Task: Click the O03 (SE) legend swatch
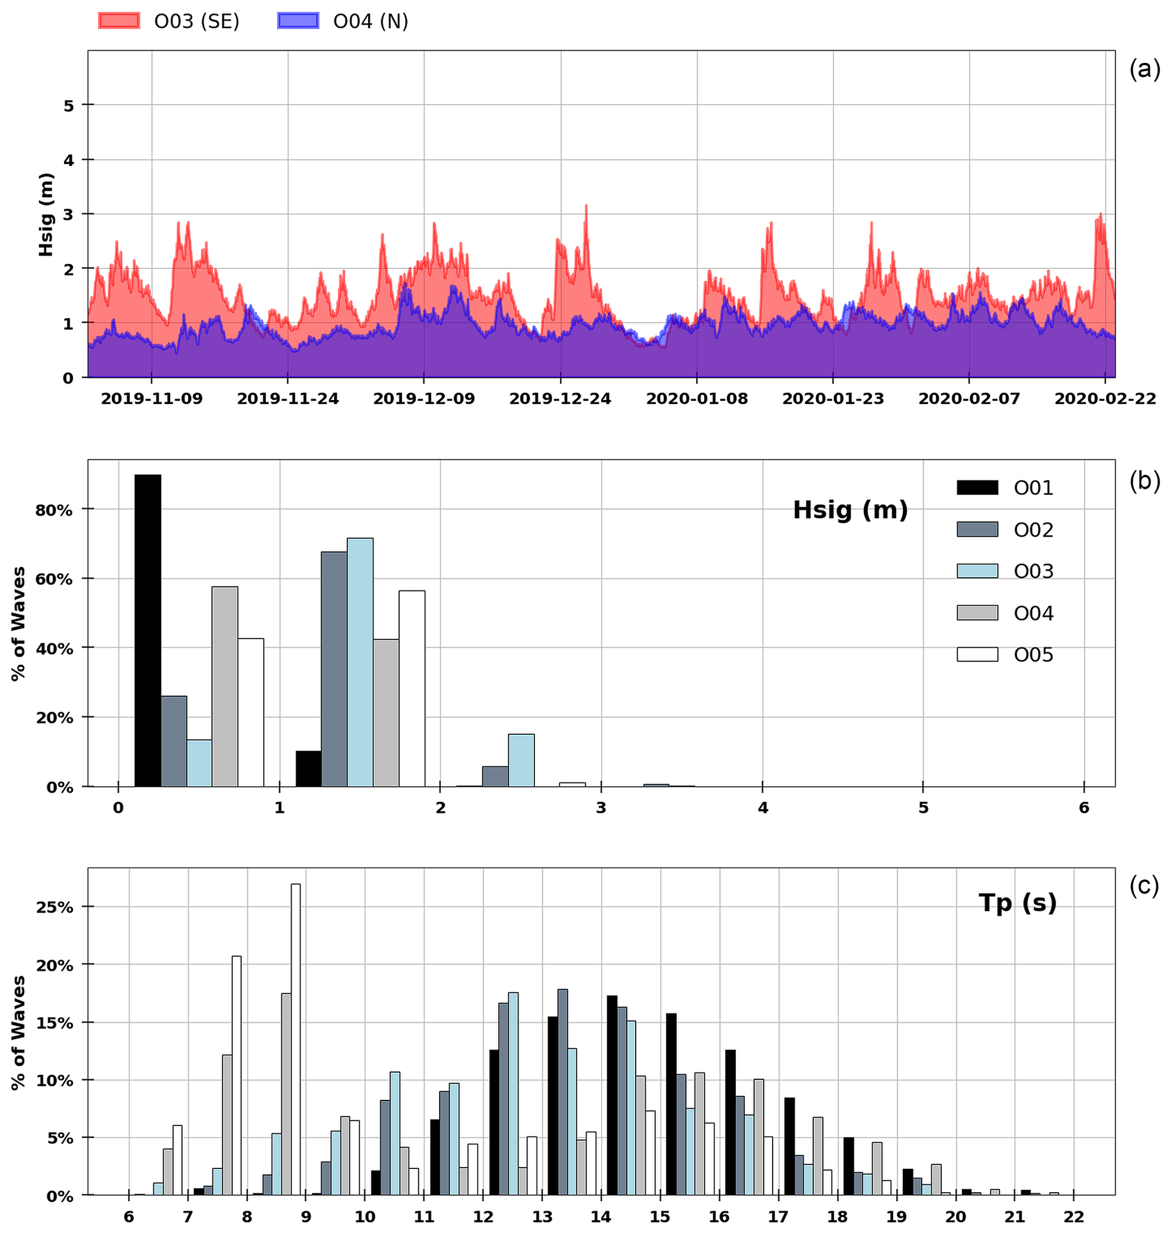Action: [x=118, y=21]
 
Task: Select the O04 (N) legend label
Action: [x=370, y=21]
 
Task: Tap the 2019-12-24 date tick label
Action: [x=560, y=399]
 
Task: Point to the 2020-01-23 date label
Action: [x=833, y=399]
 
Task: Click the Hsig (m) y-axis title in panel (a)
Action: [x=46, y=215]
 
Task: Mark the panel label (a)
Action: [x=1145, y=70]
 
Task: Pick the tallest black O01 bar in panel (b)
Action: [x=148, y=631]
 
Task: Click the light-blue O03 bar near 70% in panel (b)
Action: [x=360, y=662]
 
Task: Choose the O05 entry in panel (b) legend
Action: [x=1033, y=655]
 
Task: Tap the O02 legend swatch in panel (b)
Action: [x=978, y=529]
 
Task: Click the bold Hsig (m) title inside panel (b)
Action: [x=850, y=510]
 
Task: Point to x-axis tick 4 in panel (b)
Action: [x=762, y=808]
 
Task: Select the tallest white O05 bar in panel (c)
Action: [x=295, y=1039]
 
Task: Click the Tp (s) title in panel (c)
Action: [x=1017, y=902]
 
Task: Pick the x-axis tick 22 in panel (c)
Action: [x=1073, y=1216]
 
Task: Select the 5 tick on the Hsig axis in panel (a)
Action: [x=68, y=105]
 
